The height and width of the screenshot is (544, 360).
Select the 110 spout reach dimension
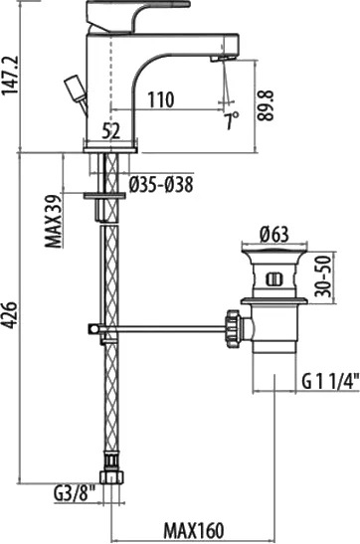coord(160,99)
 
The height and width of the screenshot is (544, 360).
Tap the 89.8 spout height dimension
coord(267,105)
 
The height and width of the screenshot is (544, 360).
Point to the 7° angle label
coord(232,120)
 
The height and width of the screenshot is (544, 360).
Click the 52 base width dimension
coord(111,132)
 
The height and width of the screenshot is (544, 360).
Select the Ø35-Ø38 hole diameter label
coord(161,184)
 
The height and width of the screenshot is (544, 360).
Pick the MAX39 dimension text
coord(54,221)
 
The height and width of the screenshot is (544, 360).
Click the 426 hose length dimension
coord(10,314)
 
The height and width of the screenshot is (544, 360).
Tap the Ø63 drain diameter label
coord(274,235)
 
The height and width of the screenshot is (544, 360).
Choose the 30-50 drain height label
coord(323,275)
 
